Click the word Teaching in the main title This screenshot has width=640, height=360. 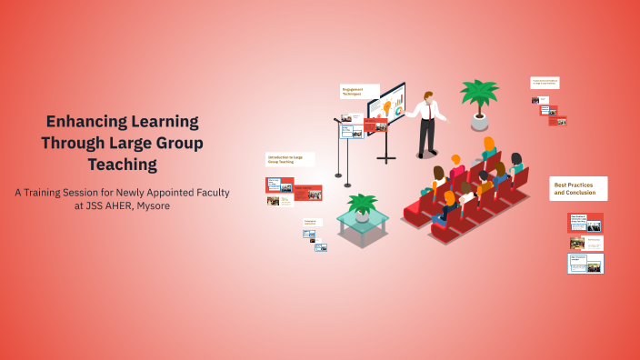[x=122, y=165]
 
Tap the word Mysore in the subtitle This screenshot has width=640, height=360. [x=148, y=206]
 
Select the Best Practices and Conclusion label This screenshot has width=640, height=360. [x=578, y=188]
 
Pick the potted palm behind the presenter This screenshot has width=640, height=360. [x=479, y=95]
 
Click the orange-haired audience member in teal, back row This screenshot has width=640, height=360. [x=489, y=146]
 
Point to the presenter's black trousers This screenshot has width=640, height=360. [x=425, y=137]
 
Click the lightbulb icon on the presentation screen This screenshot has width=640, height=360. [x=387, y=107]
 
